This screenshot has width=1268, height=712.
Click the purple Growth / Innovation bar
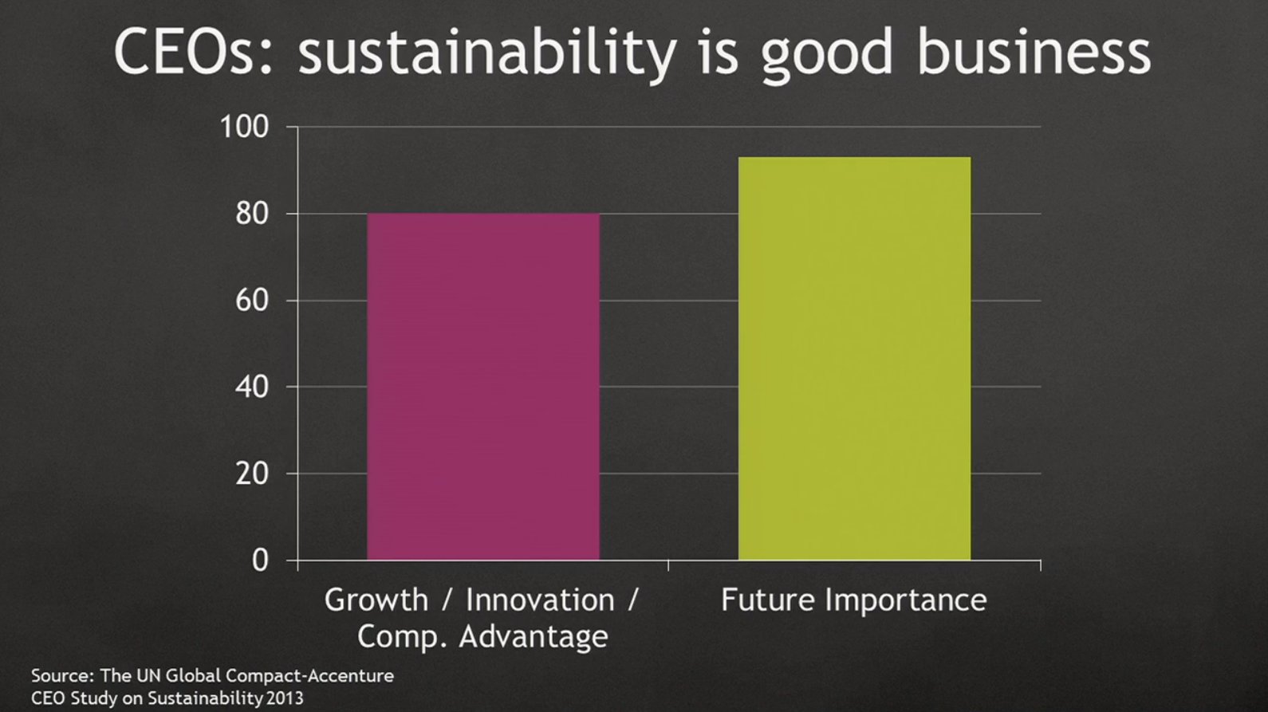[483, 387]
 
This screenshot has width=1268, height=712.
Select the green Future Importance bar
[854, 358]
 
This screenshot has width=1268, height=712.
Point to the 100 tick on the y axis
[244, 127]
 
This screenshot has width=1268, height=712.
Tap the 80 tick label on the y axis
[252, 214]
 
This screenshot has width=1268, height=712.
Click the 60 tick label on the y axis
[252, 301]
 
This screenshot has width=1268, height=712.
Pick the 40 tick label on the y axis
[252, 387]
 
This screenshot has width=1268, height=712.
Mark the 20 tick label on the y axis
[252, 474]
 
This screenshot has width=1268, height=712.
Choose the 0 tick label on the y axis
[260, 561]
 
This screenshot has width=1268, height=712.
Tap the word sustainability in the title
[486, 53]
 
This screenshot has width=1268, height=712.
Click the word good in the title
[827, 55]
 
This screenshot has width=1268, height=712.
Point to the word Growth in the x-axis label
[376, 600]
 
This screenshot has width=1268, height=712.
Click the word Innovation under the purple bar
[540, 600]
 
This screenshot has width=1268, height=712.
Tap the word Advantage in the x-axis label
[534, 637]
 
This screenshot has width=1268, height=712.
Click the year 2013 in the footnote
[285, 698]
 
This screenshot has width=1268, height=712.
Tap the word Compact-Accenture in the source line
[309, 676]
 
